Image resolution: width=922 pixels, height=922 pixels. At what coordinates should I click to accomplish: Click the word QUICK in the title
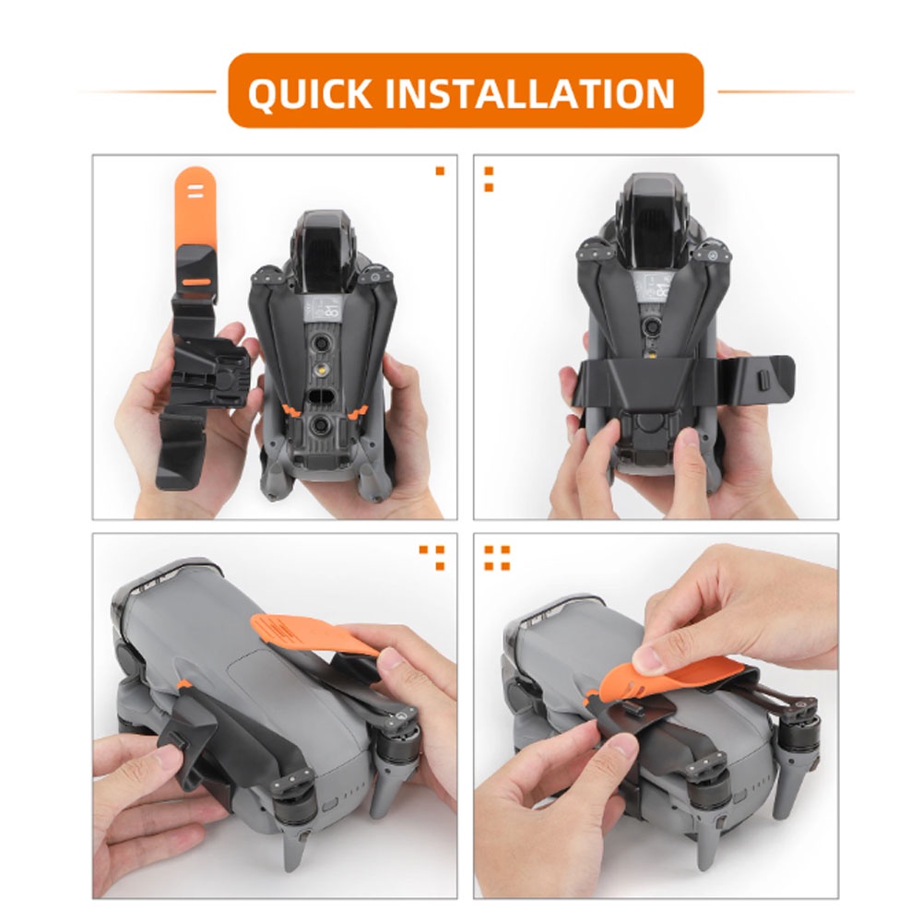310,93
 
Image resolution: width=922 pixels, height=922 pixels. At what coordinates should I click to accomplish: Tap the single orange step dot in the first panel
440,171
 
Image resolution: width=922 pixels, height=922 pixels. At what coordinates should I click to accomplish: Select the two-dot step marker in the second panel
489,180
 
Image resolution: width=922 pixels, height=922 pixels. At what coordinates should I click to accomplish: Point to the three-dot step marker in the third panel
432,558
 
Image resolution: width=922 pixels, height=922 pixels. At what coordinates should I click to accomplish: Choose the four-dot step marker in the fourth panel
497,558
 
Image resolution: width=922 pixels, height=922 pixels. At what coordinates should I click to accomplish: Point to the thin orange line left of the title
147,91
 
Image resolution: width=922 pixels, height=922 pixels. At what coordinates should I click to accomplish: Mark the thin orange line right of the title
786,91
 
